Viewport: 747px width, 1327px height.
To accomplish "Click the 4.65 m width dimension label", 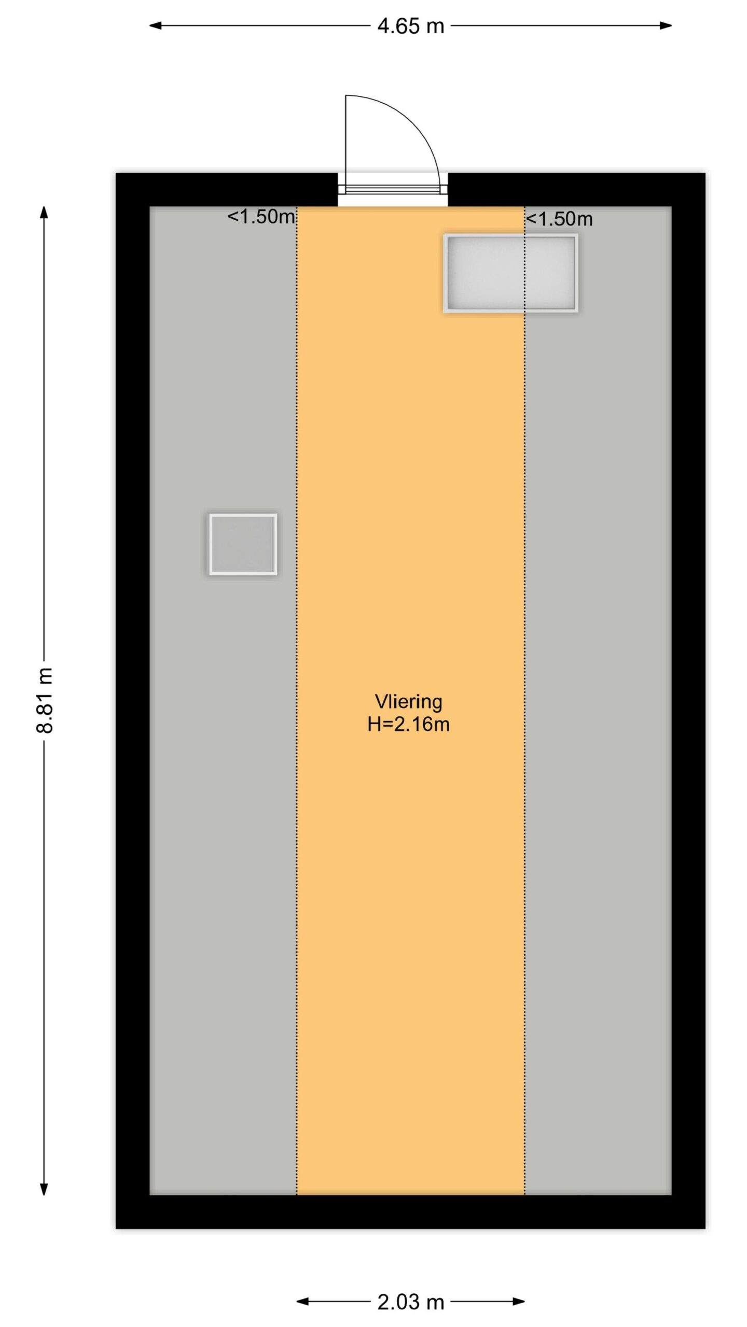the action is click(x=410, y=26).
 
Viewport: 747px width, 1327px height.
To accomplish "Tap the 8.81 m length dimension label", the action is click(x=45, y=700).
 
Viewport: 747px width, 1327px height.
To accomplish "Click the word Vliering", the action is click(x=408, y=701).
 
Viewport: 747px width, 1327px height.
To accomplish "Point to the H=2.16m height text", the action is click(x=408, y=724).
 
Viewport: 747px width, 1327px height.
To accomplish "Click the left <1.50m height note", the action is click(x=261, y=217).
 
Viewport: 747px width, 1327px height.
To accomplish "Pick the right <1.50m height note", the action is click(x=559, y=219).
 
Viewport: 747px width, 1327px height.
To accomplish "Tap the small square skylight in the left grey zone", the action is click(x=243, y=544).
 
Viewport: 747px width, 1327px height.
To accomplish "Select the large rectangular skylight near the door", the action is click(x=510, y=273).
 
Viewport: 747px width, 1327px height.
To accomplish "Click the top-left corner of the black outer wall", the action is click(x=116, y=173).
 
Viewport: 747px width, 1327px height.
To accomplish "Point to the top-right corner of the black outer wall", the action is click(x=706, y=173).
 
